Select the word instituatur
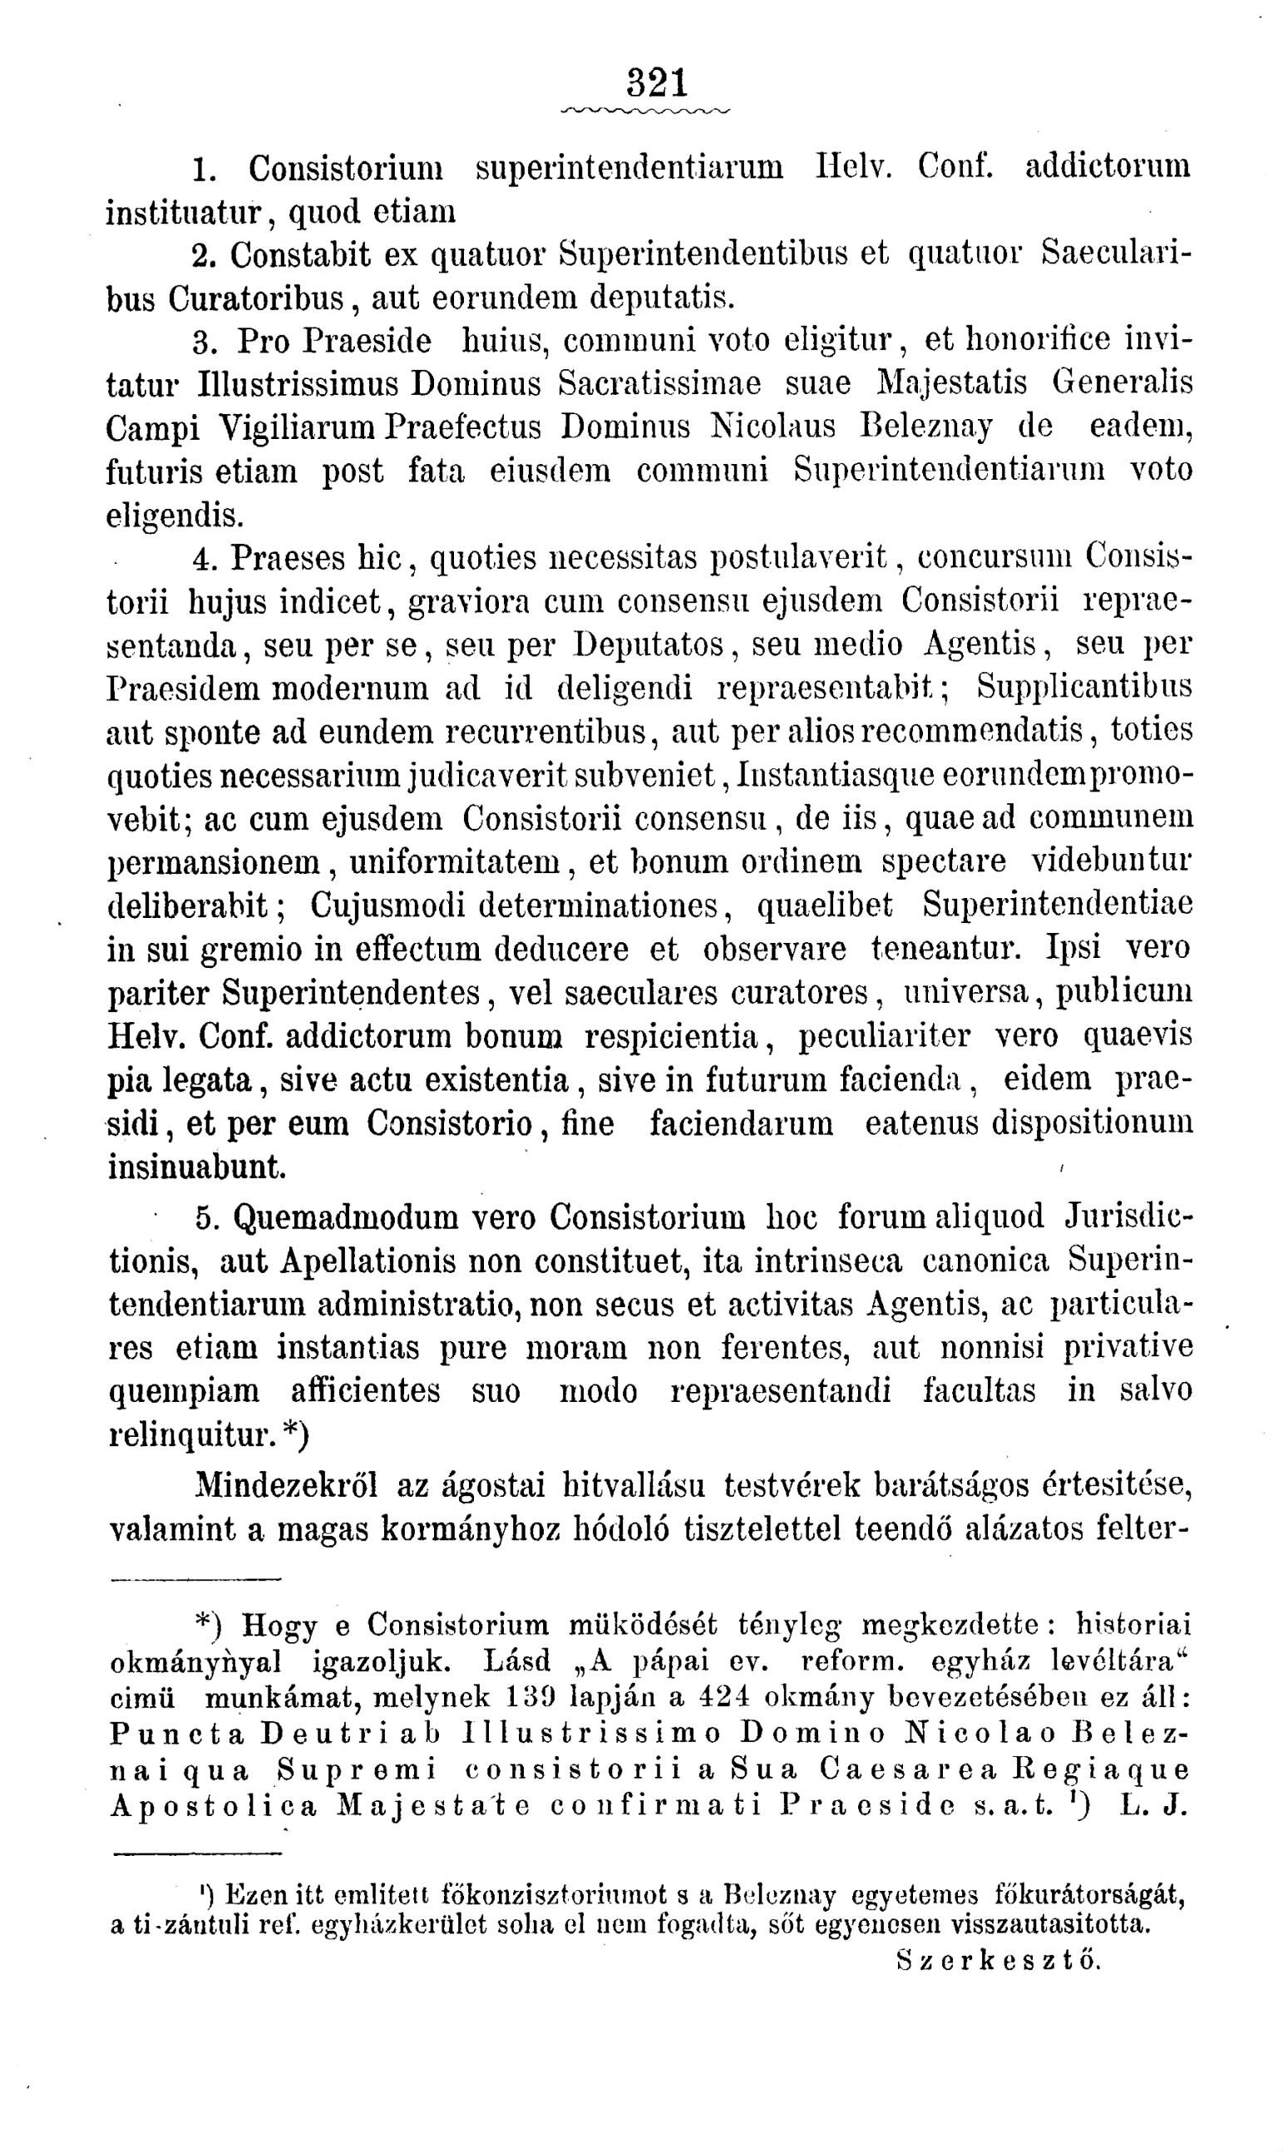click(183, 210)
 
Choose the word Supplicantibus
click(1084, 688)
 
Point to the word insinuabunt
click(197, 1167)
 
